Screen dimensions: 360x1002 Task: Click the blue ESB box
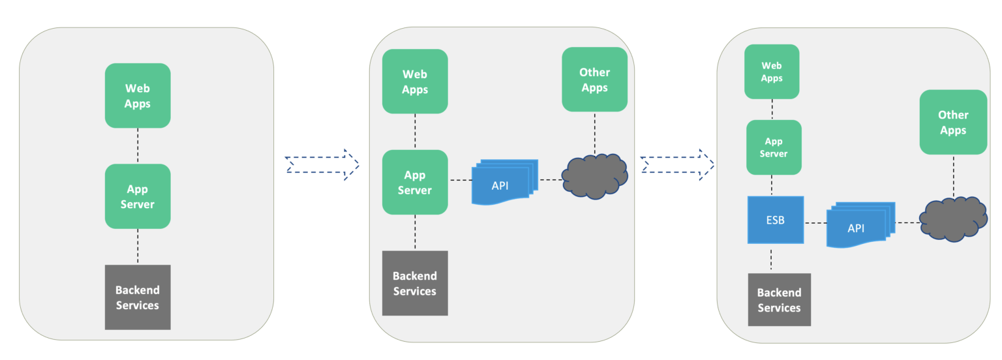click(x=776, y=220)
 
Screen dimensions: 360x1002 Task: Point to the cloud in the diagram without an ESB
click(x=594, y=176)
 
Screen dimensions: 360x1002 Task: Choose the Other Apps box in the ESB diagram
click(x=953, y=122)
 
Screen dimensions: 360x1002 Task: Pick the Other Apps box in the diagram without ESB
click(x=594, y=80)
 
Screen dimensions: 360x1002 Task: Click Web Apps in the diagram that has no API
click(x=138, y=95)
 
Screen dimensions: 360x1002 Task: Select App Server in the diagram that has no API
click(x=138, y=196)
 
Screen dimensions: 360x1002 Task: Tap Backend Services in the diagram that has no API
click(x=138, y=297)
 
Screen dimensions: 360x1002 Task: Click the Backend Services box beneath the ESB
click(x=779, y=299)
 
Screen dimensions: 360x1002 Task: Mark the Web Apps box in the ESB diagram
click(x=772, y=71)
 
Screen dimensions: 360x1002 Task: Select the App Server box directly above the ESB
click(x=773, y=147)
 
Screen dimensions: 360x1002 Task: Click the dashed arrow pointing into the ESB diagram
click(x=676, y=165)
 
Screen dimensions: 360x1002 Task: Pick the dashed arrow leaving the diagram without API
click(x=322, y=165)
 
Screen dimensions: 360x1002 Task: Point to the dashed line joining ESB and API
click(x=815, y=223)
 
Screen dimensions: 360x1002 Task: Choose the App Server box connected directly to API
click(x=415, y=183)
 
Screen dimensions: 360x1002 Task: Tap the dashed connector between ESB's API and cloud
click(x=907, y=222)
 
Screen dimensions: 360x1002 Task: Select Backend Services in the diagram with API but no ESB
click(x=415, y=283)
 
